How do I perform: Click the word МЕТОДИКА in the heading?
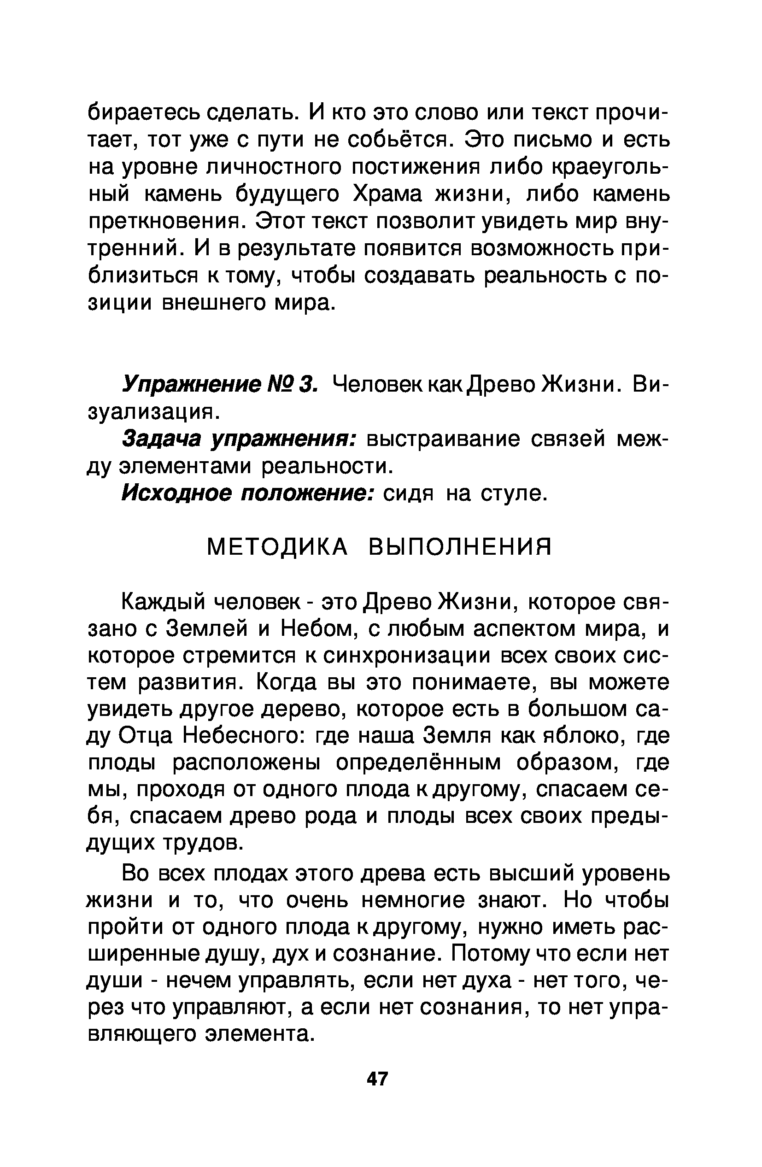(x=277, y=547)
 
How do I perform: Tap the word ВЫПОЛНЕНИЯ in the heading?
(x=460, y=547)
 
